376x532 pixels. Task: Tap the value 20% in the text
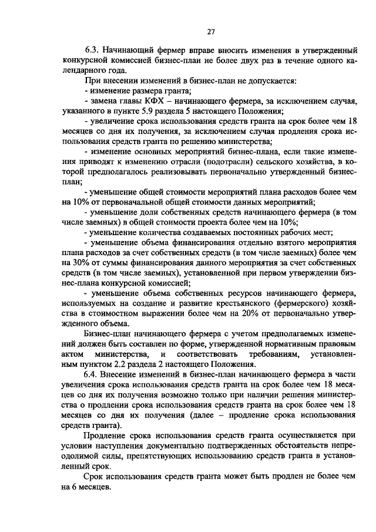(x=251, y=313)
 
